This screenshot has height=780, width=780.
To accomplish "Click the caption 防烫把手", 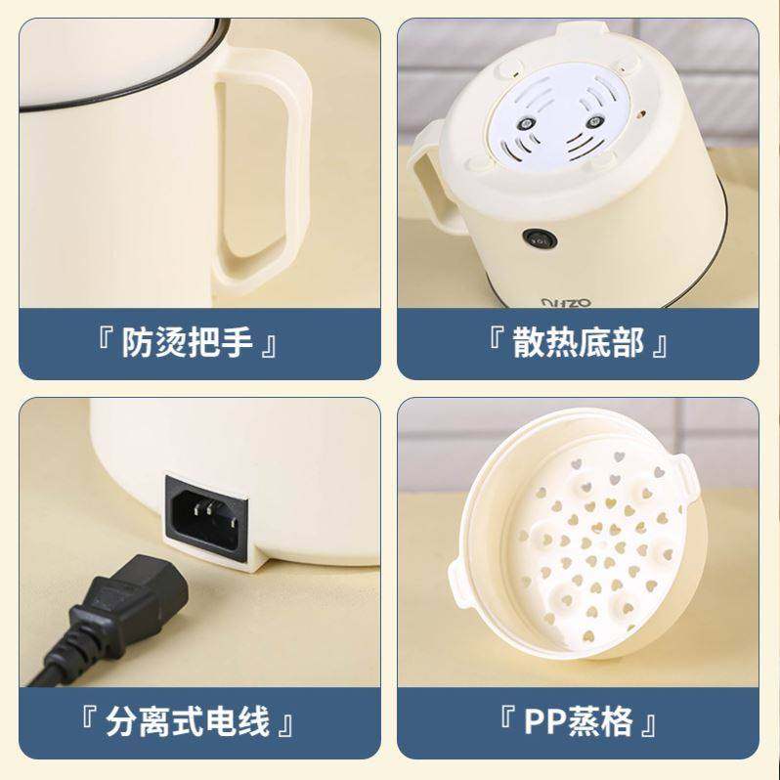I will click(x=188, y=344).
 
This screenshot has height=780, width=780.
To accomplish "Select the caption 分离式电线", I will click(x=188, y=724).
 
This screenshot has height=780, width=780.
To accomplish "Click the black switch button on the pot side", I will click(x=537, y=238).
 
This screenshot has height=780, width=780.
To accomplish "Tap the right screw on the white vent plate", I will click(x=594, y=123).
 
